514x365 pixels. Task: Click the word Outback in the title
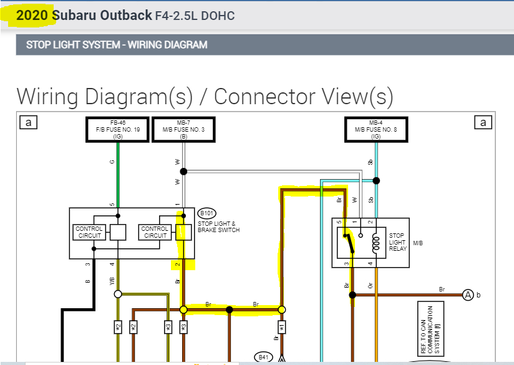127,15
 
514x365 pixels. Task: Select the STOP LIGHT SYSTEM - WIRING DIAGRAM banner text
117,45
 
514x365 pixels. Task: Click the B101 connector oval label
206,212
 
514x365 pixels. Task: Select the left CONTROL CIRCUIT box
89,233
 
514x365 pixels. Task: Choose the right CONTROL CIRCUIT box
155,233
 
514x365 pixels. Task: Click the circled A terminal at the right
467,294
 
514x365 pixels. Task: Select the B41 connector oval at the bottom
264,358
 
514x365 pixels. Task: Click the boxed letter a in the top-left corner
28,123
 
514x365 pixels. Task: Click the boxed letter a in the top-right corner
483,123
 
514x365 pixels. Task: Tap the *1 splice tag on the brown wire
281,327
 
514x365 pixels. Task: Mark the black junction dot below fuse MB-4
376,180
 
